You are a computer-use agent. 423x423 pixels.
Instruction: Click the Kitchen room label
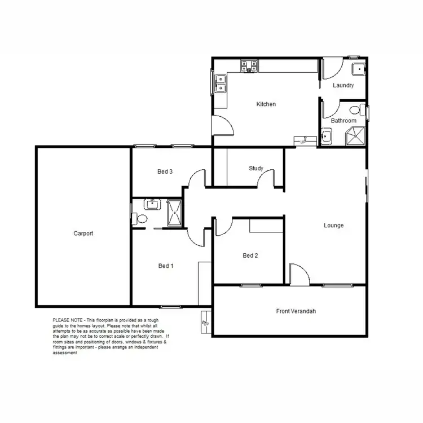(266, 104)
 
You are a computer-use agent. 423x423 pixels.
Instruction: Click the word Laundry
(343, 86)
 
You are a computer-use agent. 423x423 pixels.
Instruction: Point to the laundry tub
(357, 69)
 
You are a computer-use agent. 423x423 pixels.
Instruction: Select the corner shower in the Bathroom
(355, 136)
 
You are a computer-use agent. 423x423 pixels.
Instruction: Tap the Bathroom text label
(343, 121)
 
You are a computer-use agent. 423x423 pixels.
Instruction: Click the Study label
(256, 168)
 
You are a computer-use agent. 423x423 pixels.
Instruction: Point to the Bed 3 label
(165, 172)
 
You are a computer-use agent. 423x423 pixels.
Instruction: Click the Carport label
(83, 233)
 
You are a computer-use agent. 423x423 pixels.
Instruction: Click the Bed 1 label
(165, 265)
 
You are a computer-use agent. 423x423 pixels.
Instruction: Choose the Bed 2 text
(250, 255)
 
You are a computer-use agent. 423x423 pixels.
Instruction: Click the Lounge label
(333, 226)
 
